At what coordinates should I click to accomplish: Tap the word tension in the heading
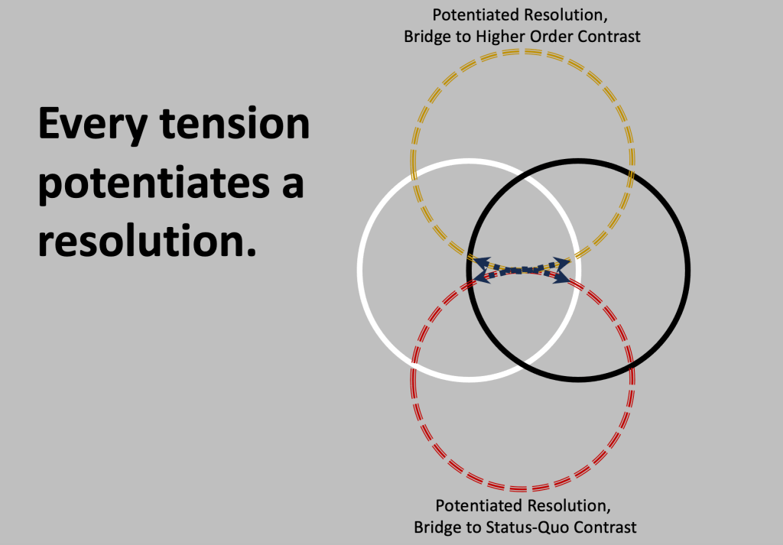point(235,123)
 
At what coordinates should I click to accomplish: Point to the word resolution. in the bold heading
point(148,241)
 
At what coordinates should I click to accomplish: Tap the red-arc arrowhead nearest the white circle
point(482,276)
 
